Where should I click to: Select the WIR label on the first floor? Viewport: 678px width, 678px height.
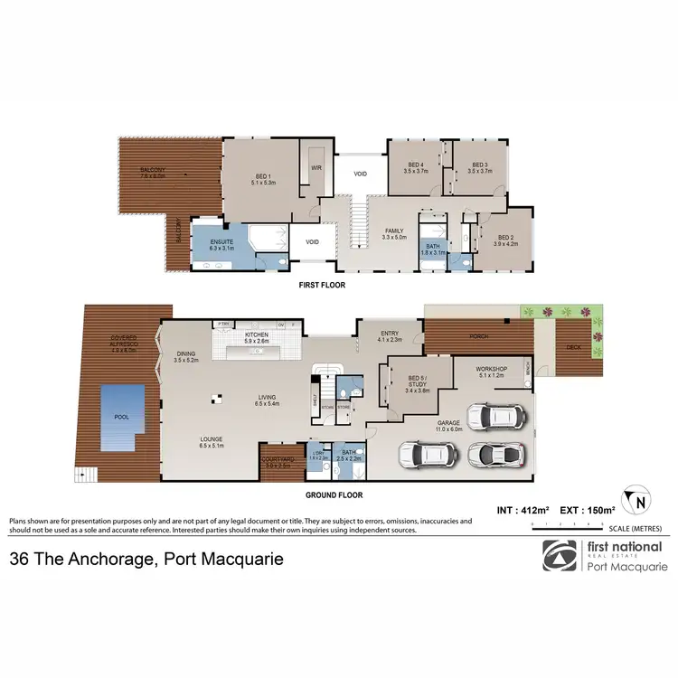(x=316, y=167)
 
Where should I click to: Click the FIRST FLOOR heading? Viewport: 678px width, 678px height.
(x=322, y=285)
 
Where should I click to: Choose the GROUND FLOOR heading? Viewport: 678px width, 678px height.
(x=334, y=494)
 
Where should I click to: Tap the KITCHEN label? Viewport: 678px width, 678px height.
(x=257, y=335)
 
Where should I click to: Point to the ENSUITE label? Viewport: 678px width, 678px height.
(x=221, y=241)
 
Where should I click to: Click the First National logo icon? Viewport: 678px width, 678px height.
(x=560, y=556)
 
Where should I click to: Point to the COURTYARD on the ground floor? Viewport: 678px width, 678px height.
(x=277, y=462)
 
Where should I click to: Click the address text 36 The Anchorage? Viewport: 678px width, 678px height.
(x=146, y=559)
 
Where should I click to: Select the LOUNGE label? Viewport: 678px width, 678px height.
(x=212, y=441)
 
